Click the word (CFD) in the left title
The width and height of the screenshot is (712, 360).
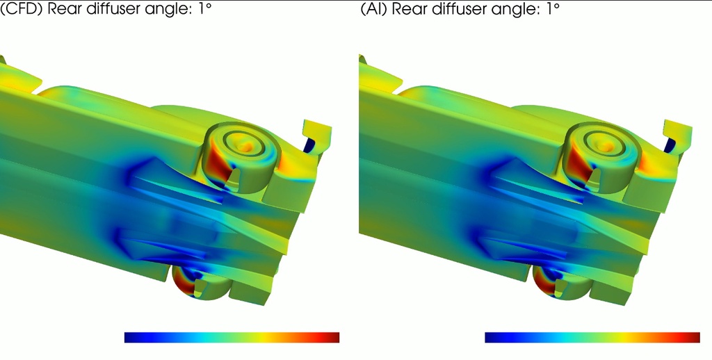pos(22,9)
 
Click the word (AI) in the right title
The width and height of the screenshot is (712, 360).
pos(373,9)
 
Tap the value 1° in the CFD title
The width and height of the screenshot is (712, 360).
pos(204,8)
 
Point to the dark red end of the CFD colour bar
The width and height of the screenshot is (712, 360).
pos(335,337)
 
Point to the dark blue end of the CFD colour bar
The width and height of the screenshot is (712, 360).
pos(129,337)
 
